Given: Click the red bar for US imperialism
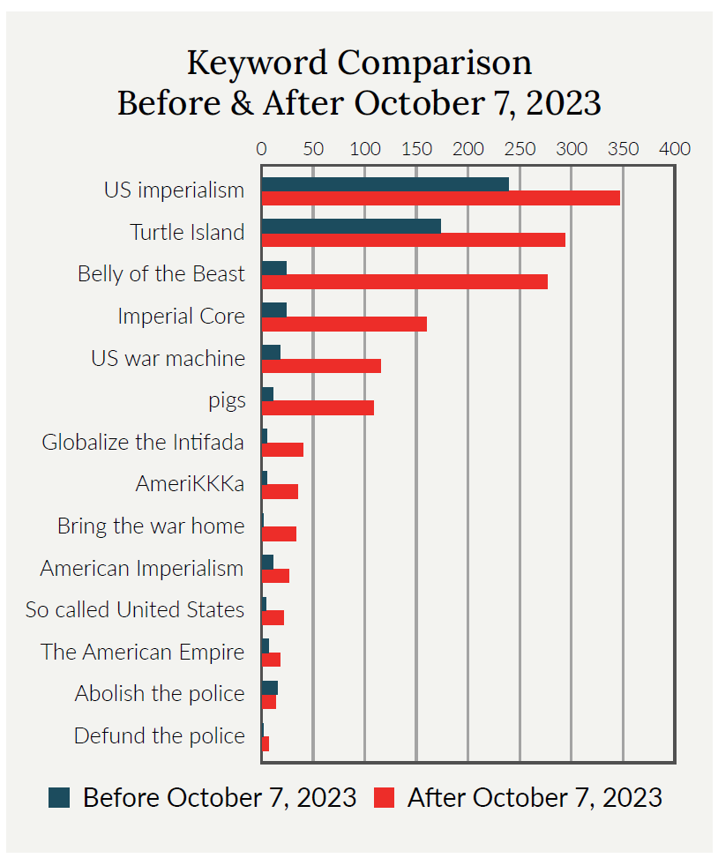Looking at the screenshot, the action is (x=441, y=198).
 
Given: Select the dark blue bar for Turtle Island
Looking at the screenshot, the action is (x=351, y=226).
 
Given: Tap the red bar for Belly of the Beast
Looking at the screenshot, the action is (x=405, y=282).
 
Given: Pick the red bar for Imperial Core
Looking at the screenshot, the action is (x=344, y=324).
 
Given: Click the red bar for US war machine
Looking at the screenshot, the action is (x=321, y=366).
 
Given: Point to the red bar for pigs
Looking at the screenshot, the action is (x=318, y=407).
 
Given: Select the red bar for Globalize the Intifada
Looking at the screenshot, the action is (x=282, y=450).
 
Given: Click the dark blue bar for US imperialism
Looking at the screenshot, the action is (x=385, y=184).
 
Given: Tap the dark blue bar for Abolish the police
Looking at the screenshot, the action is (x=270, y=688).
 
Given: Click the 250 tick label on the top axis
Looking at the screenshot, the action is (x=520, y=149).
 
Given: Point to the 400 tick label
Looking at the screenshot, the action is (x=675, y=149).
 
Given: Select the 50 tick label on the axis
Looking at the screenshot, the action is (x=314, y=149).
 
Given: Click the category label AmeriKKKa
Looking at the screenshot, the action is (x=190, y=484).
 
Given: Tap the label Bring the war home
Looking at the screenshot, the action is (x=151, y=526).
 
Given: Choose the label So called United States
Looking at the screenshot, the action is (x=135, y=609).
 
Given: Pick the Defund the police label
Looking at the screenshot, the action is (x=160, y=736).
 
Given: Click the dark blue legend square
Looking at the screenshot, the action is (x=59, y=798).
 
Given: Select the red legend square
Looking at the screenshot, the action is (x=385, y=798).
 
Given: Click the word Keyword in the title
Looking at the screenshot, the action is (x=258, y=63).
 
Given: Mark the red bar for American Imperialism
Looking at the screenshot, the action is (x=276, y=576).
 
